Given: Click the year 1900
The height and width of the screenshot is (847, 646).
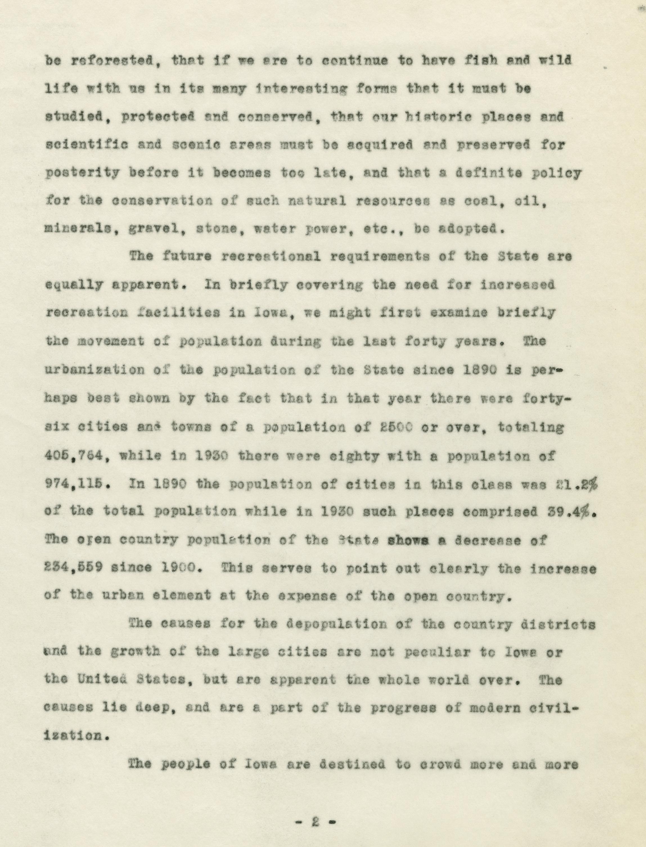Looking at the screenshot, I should pos(178,568).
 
